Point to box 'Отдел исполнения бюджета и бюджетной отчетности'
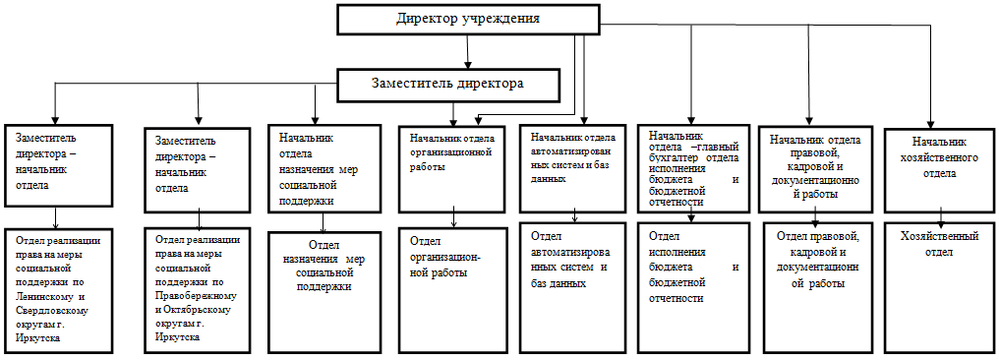(x=692, y=285)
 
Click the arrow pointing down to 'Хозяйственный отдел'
(x=942, y=217)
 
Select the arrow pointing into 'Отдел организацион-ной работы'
(x=453, y=217)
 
